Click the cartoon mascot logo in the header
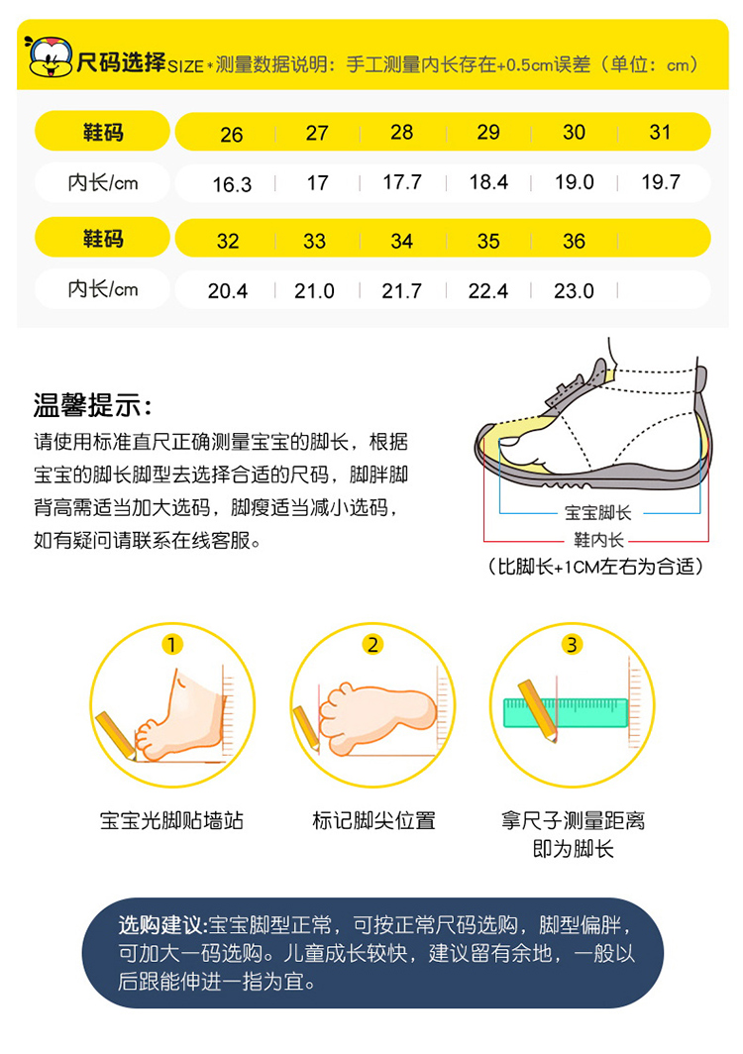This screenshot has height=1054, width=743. [50, 56]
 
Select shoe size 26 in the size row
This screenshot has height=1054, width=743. [231, 135]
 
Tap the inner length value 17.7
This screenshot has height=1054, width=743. [402, 182]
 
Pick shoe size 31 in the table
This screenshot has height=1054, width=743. [660, 132]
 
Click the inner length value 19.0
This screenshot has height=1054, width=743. [575, 182]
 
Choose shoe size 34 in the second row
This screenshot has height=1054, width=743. [401, 241]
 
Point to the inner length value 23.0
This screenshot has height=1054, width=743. [574, 291]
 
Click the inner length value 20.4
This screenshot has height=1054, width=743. [227, 291]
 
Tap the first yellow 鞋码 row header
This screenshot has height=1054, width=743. [102, 131]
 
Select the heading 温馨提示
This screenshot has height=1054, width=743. [93, 406]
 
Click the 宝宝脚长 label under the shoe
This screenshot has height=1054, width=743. [597, 513]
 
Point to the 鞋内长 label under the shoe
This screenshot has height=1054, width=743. [598, 540]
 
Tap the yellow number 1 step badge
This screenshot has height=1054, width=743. [171, 645]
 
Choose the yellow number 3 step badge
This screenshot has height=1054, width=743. [572, 645]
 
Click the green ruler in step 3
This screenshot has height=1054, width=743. [566, 713]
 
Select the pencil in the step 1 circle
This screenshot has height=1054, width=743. [116, 735]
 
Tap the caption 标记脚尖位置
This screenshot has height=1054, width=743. [373, 821]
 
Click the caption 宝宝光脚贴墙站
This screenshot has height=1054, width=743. [171, 821]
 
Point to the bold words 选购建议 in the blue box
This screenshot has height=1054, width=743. [161, 925]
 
